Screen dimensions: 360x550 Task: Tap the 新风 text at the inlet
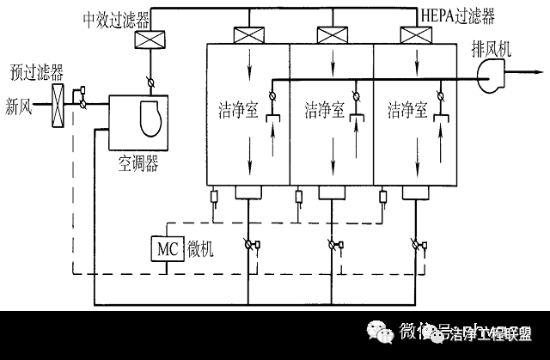[x=21, y=107]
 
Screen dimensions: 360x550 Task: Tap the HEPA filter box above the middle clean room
[x=330, y=35]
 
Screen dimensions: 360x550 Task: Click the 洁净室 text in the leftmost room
[x=234, y=109]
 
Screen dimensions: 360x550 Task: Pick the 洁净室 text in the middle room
[x=324, y=109]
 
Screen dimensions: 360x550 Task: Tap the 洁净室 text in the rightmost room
[x=406, y=109]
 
